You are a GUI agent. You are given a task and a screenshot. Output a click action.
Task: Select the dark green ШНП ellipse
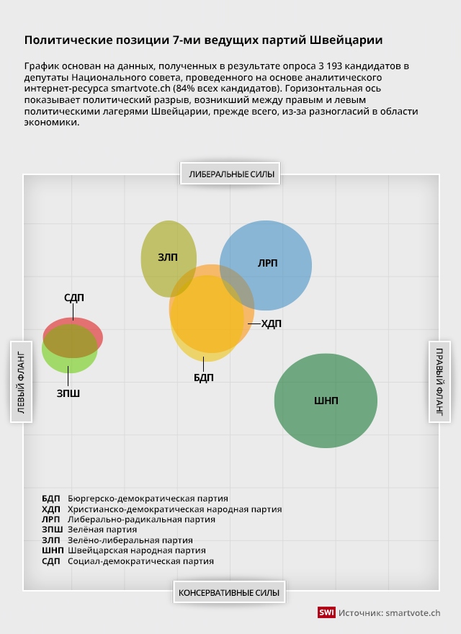(x=326, y=401)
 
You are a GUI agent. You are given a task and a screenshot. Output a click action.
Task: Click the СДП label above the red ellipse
(x=73, y=298)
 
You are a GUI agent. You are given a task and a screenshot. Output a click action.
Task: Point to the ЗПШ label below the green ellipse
(x=68, y=393)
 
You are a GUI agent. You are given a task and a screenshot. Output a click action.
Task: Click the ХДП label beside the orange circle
(x=271, y=324)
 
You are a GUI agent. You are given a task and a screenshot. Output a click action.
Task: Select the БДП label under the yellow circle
(x=204, y=378)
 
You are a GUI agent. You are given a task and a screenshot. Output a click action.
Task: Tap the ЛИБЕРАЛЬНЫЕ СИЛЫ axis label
(x=231, y=174)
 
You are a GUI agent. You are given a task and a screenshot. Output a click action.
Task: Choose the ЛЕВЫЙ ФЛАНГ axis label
(x=20, y=382)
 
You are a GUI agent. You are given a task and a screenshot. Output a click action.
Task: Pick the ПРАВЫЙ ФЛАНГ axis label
(x=439, y=382)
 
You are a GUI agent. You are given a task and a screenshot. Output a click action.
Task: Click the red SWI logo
(x=326, y=612)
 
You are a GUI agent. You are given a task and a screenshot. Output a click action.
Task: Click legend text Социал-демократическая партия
(x=140, y=561)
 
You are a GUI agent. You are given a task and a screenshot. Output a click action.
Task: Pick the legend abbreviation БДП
(x=51, y=498)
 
